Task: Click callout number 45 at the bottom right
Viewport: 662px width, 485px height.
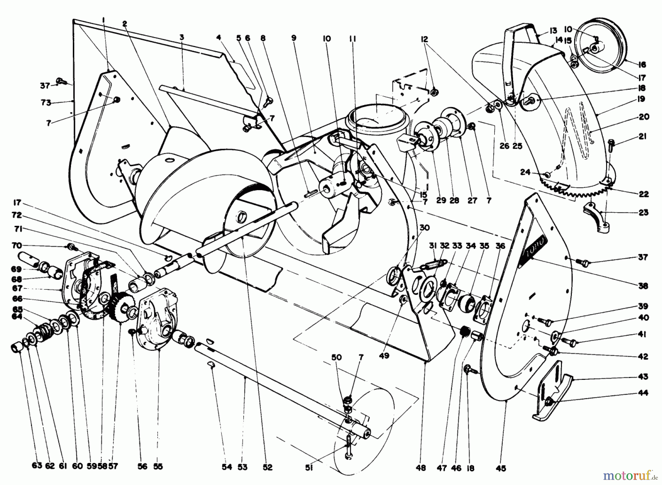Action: [x=501, y=468]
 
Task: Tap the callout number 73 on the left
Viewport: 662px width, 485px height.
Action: [x=46, y=103]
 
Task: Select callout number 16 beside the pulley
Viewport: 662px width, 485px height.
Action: [x=642, y=65]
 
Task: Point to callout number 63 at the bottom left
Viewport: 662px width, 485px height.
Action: [x=37, y=467]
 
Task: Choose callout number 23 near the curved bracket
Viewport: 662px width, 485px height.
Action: [x=643, y=213]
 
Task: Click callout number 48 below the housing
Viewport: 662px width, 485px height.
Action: [x=421, y=468]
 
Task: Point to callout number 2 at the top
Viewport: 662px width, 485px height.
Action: [x=125, y=24]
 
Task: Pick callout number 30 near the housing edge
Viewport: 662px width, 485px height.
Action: [x=424, y=228]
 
